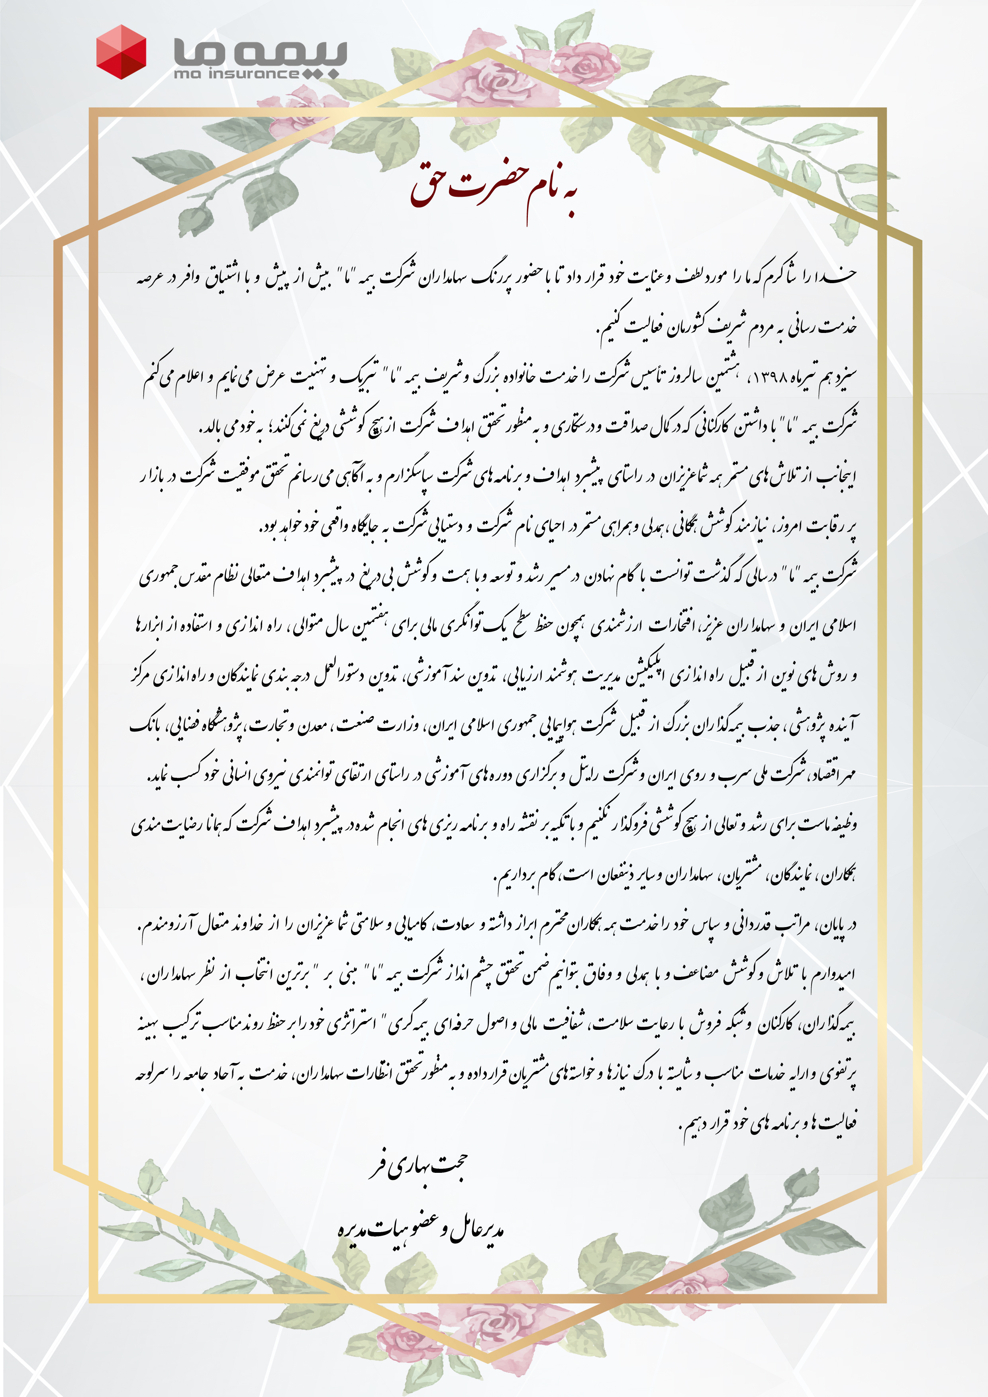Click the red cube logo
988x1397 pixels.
tap(121, 52)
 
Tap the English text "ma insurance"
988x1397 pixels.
tap(236, 74)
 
